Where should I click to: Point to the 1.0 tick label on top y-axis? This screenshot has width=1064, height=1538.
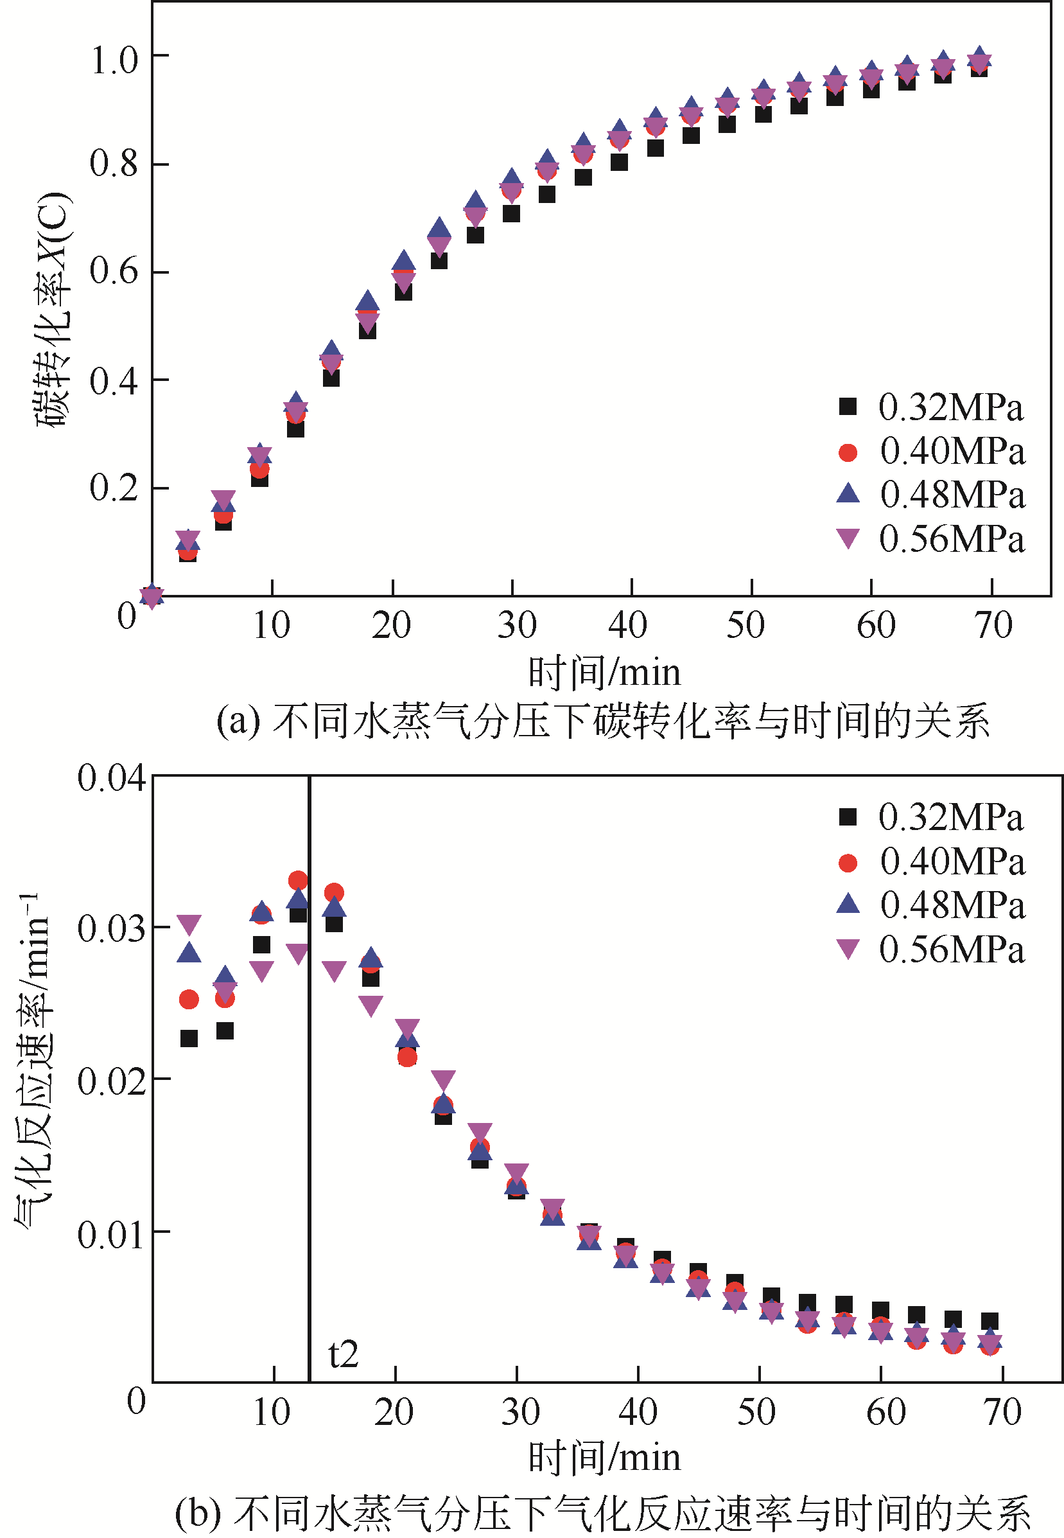click(x=114, y=60)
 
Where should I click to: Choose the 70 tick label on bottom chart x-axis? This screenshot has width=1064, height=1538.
click(x=1002, y=1411)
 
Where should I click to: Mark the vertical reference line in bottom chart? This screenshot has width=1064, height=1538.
click(x=310, y=1134)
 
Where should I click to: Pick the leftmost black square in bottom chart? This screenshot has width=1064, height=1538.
click(x=189, y=1038)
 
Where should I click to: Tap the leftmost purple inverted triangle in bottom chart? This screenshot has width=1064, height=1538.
click(x=189, y=924)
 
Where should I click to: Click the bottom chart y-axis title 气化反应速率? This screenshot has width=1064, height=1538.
click(x=33, y=1061)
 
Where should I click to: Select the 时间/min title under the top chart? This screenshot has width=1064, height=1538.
click(x=604, y=672)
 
